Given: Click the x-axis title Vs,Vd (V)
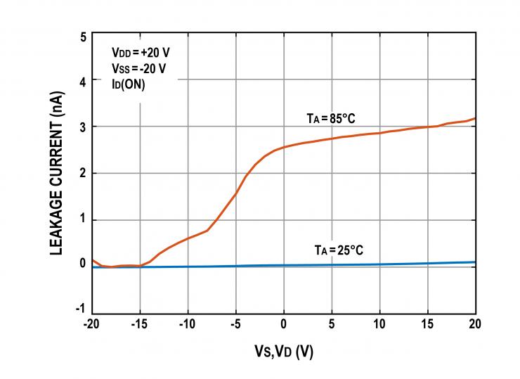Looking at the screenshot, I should tap(283, 351).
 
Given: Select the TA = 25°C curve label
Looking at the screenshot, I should tap(338, 250).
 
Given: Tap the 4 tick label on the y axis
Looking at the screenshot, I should tap(84, 81).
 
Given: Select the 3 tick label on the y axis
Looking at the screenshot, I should tap(84, 127).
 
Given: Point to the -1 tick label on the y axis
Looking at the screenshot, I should tap(82, 309).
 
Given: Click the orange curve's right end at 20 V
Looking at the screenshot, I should tap(475, 118).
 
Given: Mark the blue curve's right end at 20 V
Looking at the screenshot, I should tap(475, 262).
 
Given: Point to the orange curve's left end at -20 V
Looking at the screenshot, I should tap(93, 259).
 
